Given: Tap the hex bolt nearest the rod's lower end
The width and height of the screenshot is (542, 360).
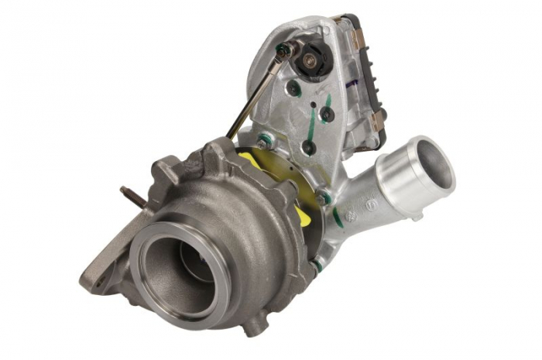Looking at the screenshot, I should point(266,142).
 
